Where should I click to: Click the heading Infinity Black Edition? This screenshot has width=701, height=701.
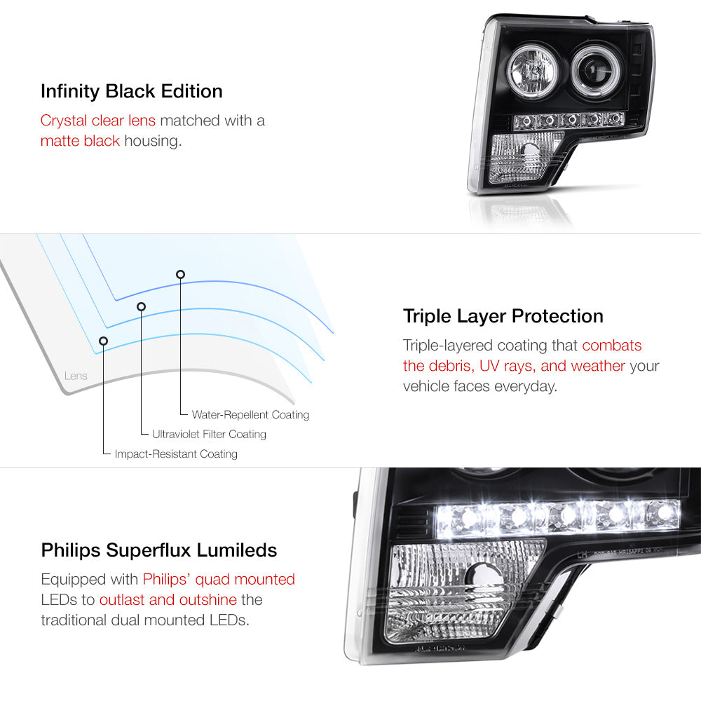132,92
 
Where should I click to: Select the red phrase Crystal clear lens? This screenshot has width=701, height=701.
98,121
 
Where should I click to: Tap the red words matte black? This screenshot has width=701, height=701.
80,141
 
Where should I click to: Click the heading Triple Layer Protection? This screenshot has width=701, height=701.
503,317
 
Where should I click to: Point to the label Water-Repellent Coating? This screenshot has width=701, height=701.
250,415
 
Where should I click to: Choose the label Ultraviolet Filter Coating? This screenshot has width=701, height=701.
209,434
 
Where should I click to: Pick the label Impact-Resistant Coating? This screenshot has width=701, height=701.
176,454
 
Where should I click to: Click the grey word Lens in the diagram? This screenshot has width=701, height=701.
76,376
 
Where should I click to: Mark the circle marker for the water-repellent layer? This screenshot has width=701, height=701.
180,275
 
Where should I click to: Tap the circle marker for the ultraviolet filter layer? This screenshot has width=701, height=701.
142,307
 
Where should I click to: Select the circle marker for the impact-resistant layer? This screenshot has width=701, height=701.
103,341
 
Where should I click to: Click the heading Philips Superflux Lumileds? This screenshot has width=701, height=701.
159,550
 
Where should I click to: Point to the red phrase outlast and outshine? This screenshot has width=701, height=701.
168,599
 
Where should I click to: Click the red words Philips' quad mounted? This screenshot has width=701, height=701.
219,580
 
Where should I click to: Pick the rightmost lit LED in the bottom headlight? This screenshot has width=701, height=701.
663,513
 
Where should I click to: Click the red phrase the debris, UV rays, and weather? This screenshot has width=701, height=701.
514,366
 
